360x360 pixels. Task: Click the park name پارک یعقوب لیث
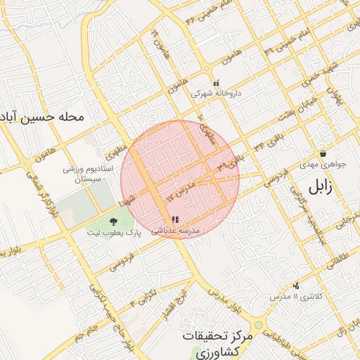(114, 233)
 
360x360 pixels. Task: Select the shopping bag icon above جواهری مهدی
(323, 153)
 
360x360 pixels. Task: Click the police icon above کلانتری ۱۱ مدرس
(297, 285)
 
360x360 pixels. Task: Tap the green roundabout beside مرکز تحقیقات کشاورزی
(259, 326)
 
